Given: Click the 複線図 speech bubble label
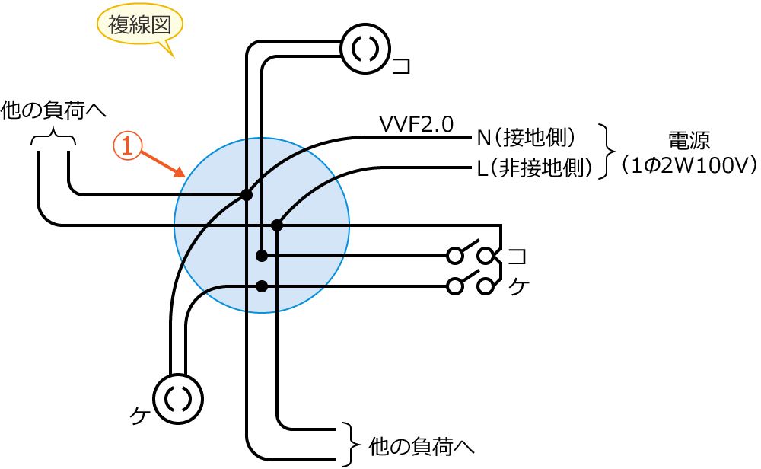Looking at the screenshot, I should (139, 26).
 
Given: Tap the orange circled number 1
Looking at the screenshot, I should (128, 145).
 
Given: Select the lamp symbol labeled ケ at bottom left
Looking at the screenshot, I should (180, 398).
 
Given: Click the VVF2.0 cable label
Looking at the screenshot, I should (416, 123).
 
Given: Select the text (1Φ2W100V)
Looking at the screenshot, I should (688, 165).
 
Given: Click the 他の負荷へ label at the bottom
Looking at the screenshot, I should (421, 445).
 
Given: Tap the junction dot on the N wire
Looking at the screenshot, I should (246, 195).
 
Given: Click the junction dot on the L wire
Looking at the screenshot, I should (277, 225).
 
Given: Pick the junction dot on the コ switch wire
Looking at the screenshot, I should (262, 255).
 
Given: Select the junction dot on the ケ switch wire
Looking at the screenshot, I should (262, 286).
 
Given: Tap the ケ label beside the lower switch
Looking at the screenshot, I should (517, 287).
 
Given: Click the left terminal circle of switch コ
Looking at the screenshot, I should (455, 255).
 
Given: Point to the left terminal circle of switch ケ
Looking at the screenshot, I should (455, 286).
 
